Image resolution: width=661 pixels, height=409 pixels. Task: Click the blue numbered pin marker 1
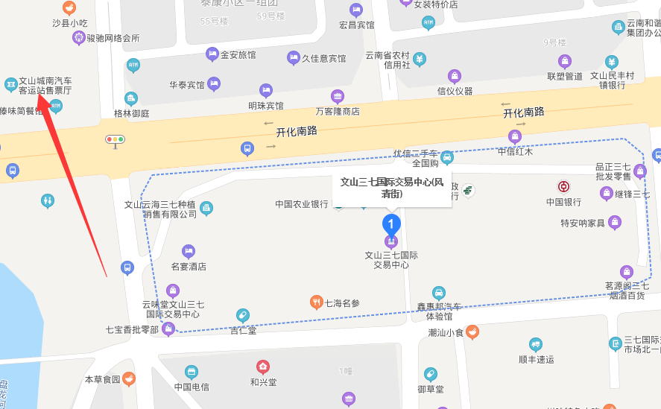click(x=390, y=223)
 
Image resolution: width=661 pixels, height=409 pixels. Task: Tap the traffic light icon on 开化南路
click(x=115, y=139)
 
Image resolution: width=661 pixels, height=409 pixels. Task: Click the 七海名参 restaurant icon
click(x=316, y=302)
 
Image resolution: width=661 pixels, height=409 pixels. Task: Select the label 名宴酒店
click(x=189, y=266)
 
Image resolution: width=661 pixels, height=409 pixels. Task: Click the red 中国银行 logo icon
click(x=563, y=186)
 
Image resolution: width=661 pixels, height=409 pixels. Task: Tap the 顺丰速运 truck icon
click(x=535, y=344)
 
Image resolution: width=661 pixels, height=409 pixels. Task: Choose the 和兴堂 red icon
click(x=262, y=367)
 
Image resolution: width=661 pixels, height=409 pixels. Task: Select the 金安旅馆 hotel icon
click(x=212, y=54)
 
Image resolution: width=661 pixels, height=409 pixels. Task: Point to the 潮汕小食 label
click(x=446, y=332)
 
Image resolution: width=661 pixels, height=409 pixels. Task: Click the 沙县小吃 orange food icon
click(x=69, y=8)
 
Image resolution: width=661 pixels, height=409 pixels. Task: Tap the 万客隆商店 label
click(x=338, y=111)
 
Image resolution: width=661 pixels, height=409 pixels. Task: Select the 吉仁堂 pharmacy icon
click(x=242, y=315)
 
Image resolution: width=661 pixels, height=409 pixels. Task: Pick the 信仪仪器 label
click(x=455, y=91)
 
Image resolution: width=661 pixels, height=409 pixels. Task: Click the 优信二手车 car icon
click(x=446, y=156)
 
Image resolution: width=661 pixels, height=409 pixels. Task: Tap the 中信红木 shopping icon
click(x=514, y=136)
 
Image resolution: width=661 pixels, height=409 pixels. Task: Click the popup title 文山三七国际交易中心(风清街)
click(x=392, y=187)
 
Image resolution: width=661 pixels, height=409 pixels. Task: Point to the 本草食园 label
click(x=102, y=379)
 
